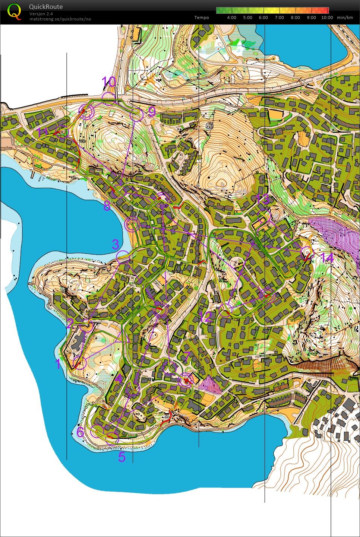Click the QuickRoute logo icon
point(14,12)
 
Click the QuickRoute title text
point(45,7)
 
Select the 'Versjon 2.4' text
point(41,14)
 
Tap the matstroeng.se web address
point(60,19)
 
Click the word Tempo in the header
point(202,18)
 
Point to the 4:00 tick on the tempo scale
point(231,18)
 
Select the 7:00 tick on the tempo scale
point(279,18)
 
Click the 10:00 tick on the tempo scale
point(327,18)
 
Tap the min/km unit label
point(345,18)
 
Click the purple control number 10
point(109,82)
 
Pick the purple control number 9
point(152,111)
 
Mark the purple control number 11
point(43,132)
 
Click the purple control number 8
point(107,206)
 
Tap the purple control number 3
point(116,245)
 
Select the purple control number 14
point(327,258)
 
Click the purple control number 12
point(205,317)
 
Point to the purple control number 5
point(122,457)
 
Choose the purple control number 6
point(80,432)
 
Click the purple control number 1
point(58,364)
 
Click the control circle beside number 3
point(123,256)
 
